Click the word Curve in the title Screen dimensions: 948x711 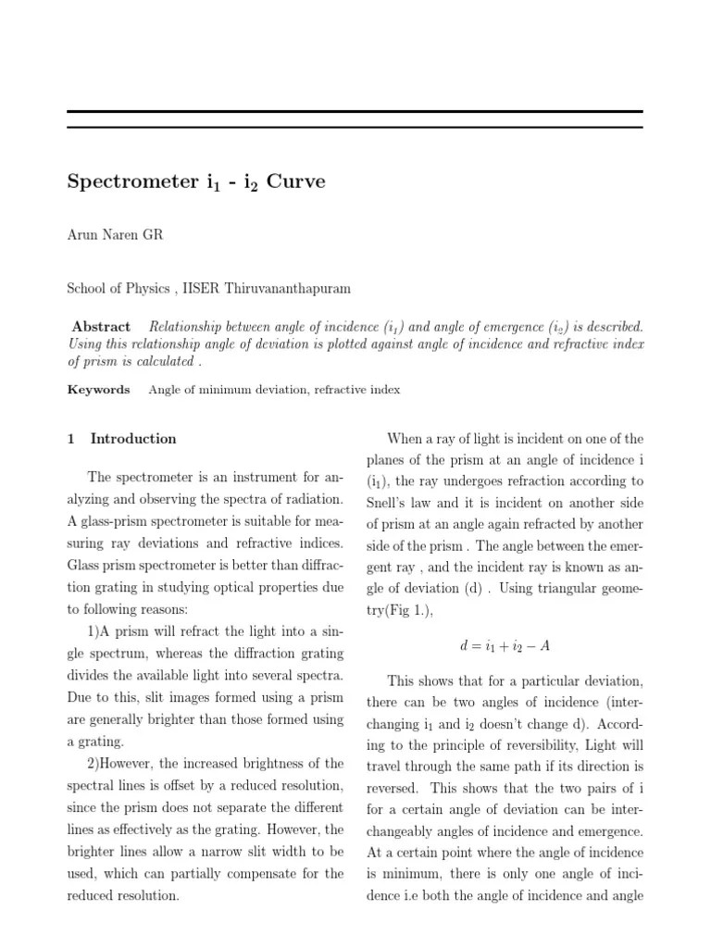295,181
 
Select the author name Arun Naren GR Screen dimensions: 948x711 115,235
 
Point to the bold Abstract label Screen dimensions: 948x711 101,327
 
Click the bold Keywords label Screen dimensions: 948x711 98,390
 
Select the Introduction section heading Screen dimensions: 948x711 133,439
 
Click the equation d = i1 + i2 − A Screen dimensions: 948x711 505,646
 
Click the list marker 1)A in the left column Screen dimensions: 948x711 97,630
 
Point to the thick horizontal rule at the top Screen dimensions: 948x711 355,112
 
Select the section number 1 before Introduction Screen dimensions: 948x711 70,439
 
